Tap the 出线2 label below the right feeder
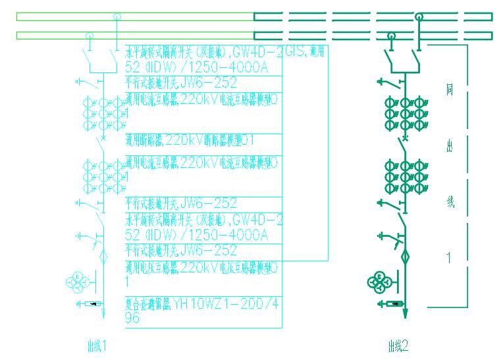[398, 344]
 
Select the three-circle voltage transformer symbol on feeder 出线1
[78, 281]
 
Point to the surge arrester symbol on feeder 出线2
[392, 303]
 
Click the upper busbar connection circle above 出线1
[117, 16]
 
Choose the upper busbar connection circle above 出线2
[419, 16]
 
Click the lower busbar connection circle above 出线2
[392, 36]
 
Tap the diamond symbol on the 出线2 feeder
[405, 255]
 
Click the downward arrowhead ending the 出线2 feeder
[405, 314]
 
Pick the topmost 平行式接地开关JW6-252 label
[181, 83]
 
